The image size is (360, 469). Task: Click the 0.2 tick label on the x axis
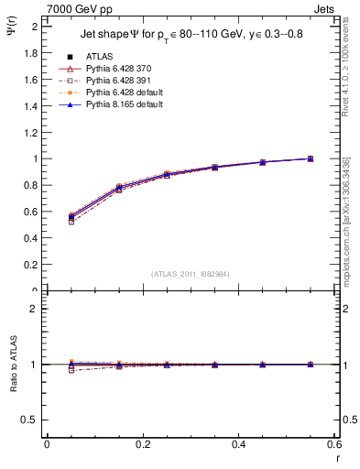(x=143, y=444)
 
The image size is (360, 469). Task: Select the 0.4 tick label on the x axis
(x=239, y=444)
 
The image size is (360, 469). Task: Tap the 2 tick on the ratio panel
(x=35, y=310)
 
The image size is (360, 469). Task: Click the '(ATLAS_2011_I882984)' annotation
(x=190, y=274)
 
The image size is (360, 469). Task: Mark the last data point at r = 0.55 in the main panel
(x=311, y=158)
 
